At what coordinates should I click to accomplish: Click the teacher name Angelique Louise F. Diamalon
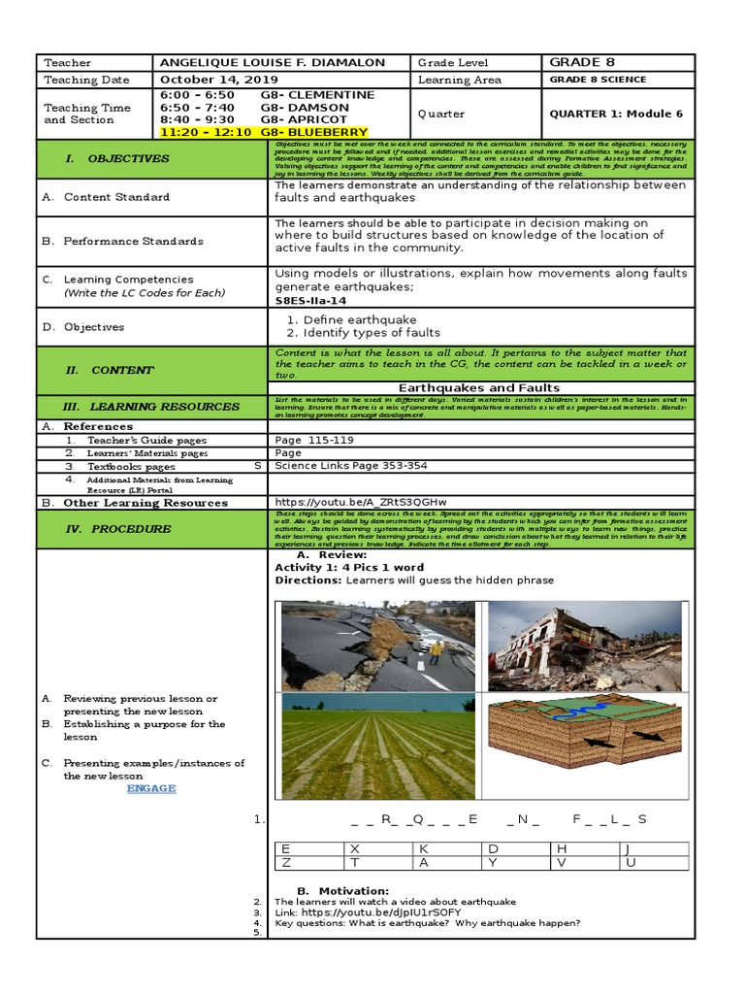[x=272, y=63]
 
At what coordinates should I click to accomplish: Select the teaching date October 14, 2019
[x=219, y=80]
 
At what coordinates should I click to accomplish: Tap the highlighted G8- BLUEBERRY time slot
[x=264, y=132]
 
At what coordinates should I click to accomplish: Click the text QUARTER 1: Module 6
[x=616, y=114]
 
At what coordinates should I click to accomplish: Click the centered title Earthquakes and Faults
[x=479, y=388]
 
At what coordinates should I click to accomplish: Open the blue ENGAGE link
[x=151, y=788]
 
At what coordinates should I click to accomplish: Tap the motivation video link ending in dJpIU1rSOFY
[x=368, y=912]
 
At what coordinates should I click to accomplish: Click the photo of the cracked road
[x=378, y=645]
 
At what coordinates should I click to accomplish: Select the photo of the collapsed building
[x=584, y=645]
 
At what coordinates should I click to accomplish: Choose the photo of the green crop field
[x=378, y=745]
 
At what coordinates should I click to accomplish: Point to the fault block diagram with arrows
[x=584, y=745]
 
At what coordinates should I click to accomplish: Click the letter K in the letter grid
[x=423, y=848]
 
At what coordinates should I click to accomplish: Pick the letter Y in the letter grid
[x=493, y=862]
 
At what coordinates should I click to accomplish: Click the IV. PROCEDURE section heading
[x=131, y=529]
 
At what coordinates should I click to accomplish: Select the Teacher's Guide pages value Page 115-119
[x=314, y=440]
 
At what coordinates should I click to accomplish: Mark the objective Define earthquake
[x=360, y=319]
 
